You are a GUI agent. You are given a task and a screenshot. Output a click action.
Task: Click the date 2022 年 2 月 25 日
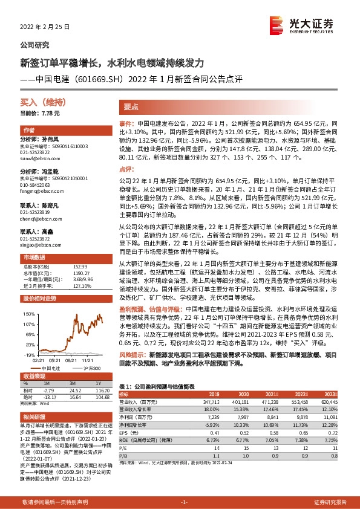coord(45,27)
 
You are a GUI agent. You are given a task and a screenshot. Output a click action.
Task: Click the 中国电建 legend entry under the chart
coord(47,368)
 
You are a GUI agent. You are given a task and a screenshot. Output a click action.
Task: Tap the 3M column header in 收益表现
coord(71,383)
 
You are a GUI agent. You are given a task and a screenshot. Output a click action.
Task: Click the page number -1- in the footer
coord(185,502)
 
